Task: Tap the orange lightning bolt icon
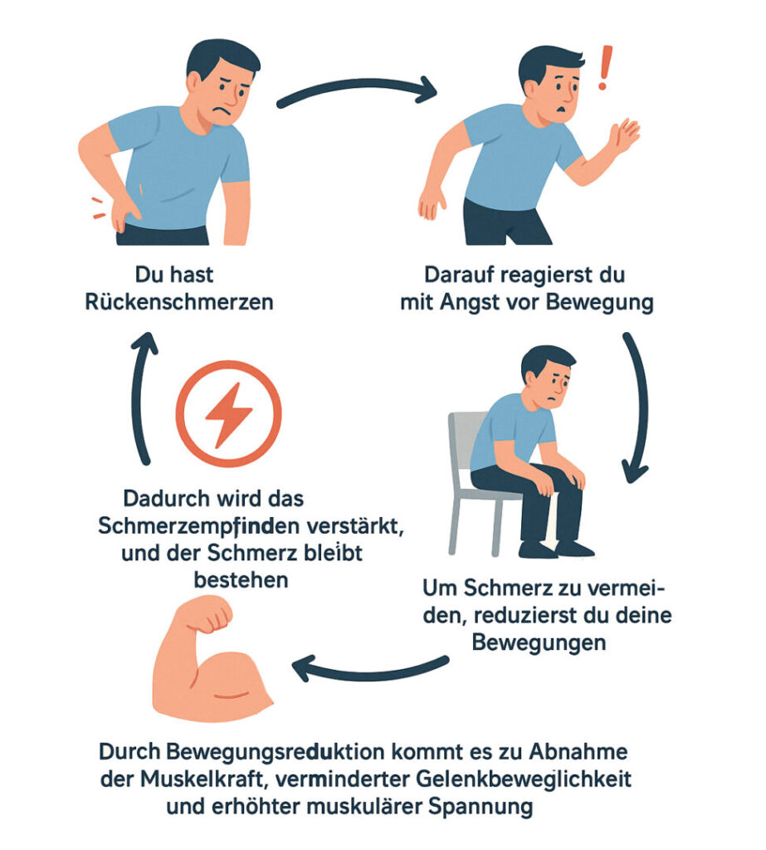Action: (229, 413)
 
